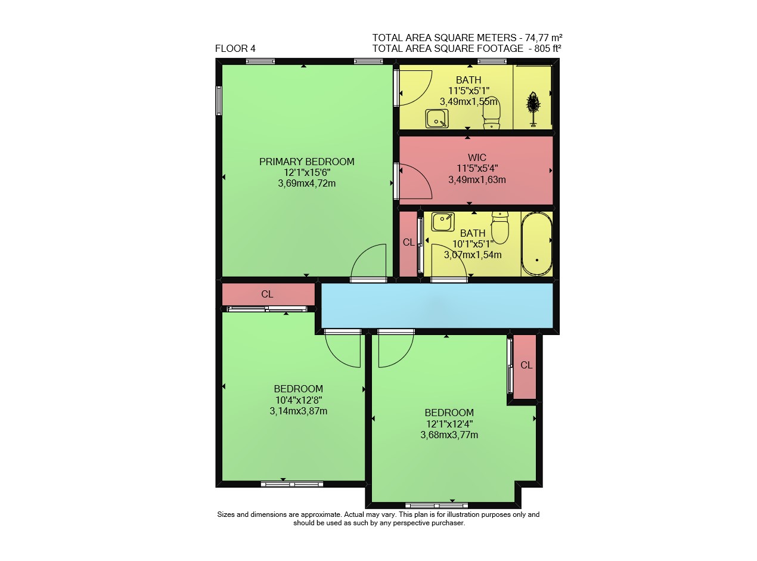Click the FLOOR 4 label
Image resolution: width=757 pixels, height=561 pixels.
click(235, 48)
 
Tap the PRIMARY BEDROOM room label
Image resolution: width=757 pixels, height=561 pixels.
click(306, 162)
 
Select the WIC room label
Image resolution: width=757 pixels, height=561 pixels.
click(477, 157)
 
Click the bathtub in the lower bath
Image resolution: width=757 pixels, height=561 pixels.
click(536, 244)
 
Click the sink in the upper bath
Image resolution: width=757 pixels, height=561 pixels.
click(436, 119)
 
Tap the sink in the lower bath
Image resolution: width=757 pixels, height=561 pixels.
click(443, 222)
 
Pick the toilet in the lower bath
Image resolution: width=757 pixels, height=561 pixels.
click(500, 228)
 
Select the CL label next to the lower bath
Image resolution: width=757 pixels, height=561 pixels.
click(408, 242)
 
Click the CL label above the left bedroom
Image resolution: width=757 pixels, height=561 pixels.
click(267, 294)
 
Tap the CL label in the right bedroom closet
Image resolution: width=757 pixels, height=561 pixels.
click(526, 365)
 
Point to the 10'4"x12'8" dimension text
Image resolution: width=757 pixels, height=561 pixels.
click(298, 399)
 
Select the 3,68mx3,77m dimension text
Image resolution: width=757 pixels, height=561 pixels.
click(449, 435)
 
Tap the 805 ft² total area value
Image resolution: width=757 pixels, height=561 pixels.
click(548, 48)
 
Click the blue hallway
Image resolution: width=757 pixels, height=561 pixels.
click(437, 306)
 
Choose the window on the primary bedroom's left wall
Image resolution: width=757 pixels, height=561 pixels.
click(219, 100)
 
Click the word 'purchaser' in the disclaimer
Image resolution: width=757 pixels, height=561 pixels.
click(448, 523)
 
